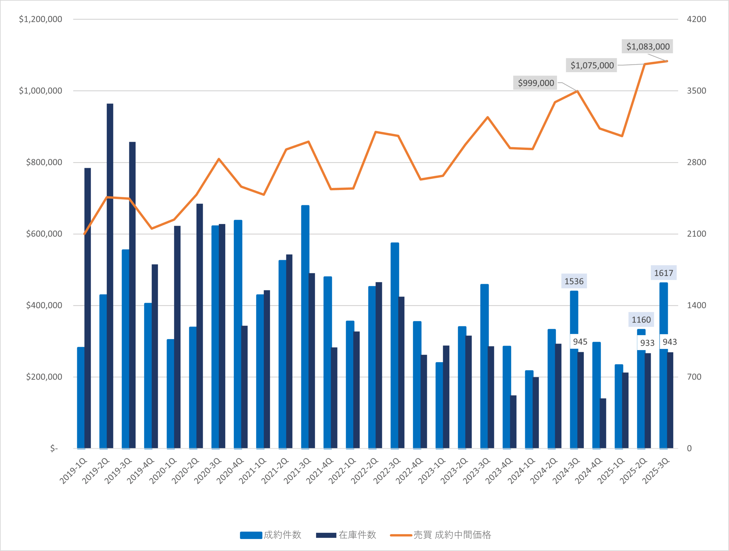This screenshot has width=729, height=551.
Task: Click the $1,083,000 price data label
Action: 648,46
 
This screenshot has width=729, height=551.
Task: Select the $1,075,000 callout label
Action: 592,65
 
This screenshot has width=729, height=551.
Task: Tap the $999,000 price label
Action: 536,83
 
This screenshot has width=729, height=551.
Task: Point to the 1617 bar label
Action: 664,273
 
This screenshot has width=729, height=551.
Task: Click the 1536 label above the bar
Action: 574,281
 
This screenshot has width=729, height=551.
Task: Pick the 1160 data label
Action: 641,320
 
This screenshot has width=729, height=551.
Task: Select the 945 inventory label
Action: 580,342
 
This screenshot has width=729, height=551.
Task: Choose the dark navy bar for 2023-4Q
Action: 513,422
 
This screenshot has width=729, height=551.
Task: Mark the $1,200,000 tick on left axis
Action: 40,19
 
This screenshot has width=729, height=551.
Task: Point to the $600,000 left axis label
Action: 44,234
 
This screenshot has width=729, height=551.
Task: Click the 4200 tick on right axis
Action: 696,19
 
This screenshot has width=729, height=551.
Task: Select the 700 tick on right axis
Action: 694,377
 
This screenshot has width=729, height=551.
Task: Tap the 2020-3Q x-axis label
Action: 208,471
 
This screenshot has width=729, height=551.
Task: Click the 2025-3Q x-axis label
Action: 656,471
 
